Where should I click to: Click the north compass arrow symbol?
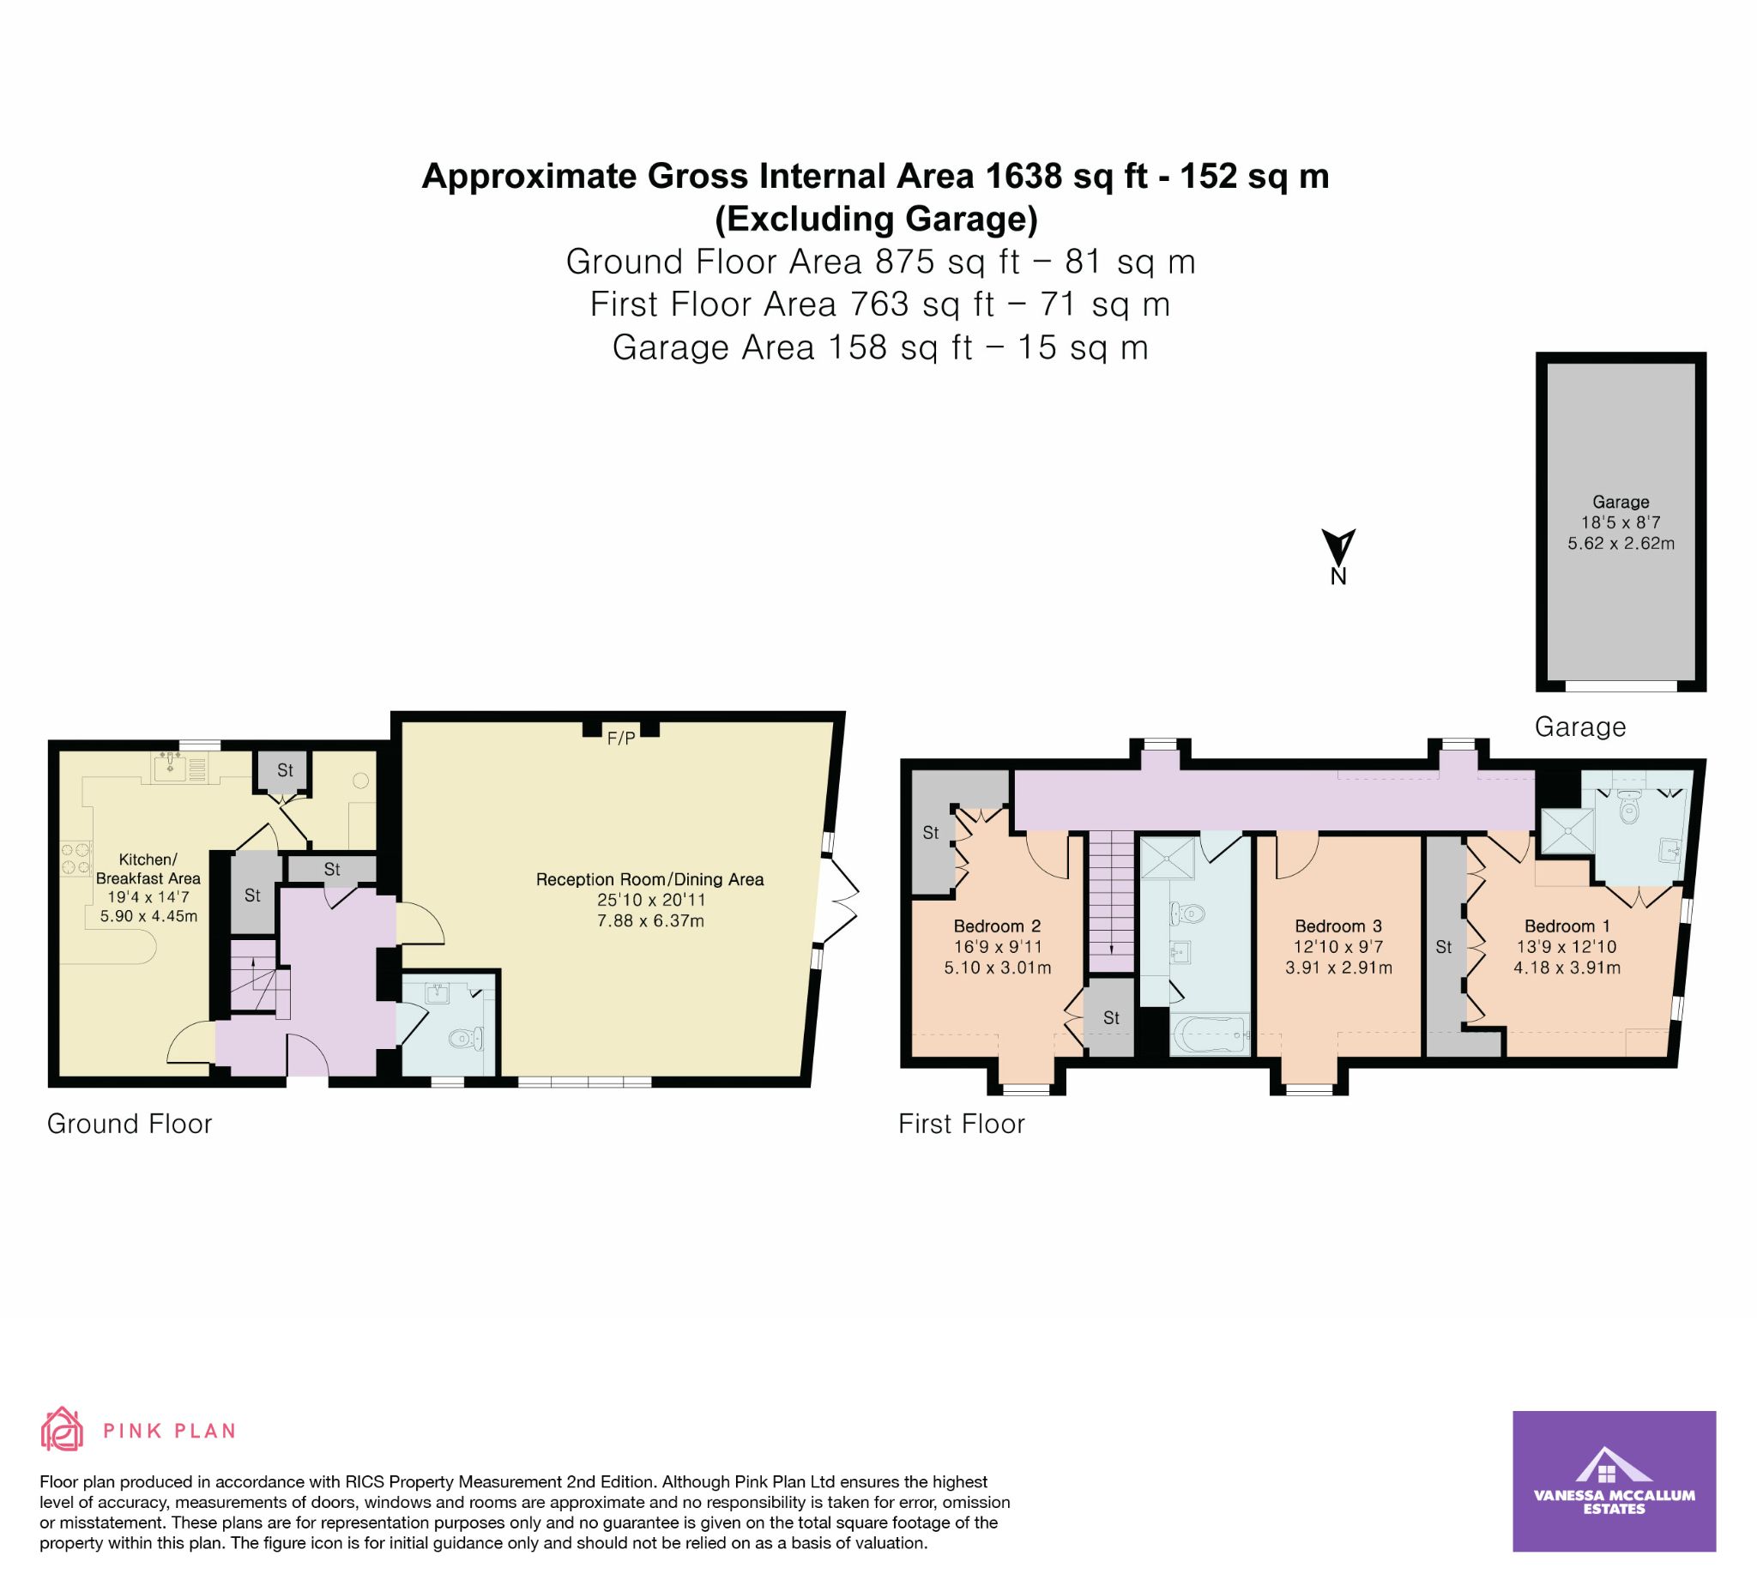pyautogui.click(x=1337, y=547)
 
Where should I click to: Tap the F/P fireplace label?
pyautogui.click(x=620, y=739)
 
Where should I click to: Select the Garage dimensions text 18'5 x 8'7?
pyautogui.click(x=1621, y=523)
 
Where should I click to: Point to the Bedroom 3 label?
pyautogui.click(x=1337, y=926)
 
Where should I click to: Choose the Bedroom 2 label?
pyautogui.click(x=997, y=926)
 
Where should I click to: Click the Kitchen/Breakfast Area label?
pyautogui.click(x=148, y=869)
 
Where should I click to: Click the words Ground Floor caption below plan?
pyautogui.click(x=129, y=1123)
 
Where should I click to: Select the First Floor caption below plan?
pyautogui.click(x=962, y=1123)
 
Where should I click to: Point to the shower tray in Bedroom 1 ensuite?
pyautogui.click(x=1567, y=831)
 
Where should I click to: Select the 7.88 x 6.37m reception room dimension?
pyautogui.click(x=650, y=920)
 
